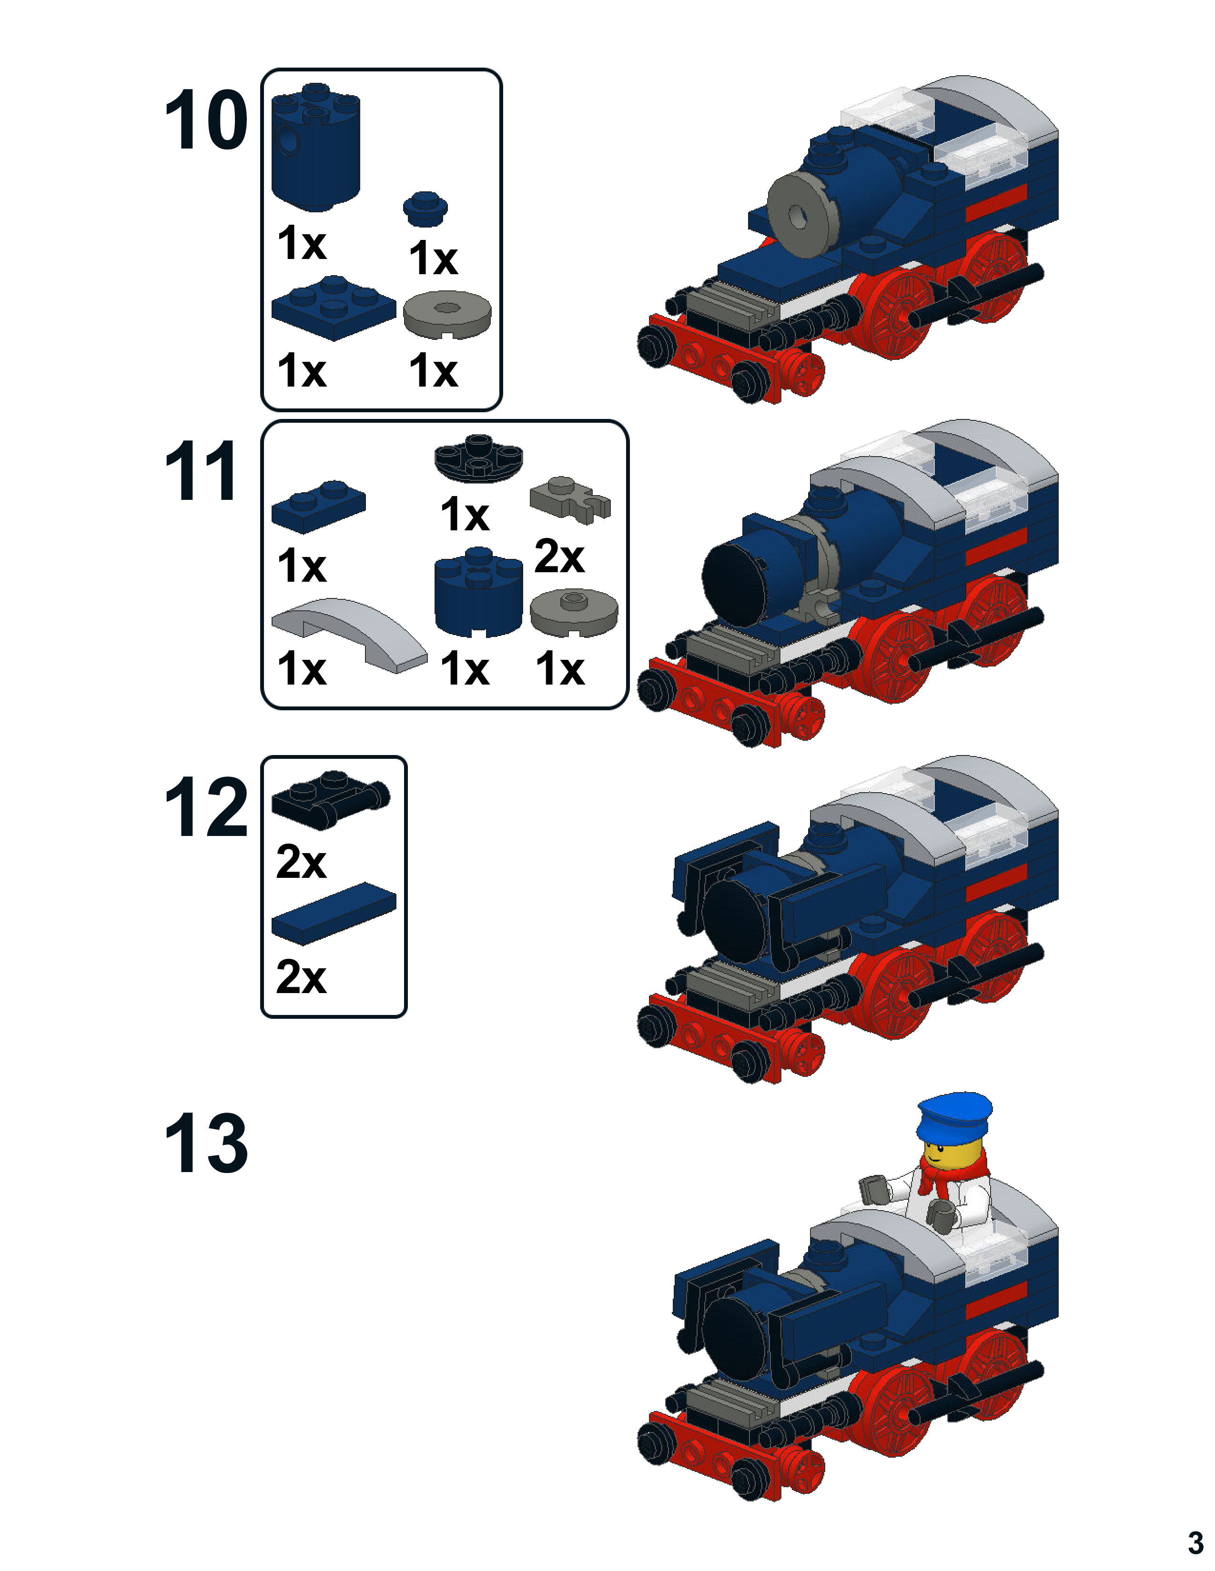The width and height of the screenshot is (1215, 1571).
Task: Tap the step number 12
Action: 206,808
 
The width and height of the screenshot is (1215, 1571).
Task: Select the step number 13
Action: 206,1143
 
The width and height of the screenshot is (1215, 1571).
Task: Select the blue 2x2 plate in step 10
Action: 333,308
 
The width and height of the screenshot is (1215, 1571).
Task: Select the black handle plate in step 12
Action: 330,799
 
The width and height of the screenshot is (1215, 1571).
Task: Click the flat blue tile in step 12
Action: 333,914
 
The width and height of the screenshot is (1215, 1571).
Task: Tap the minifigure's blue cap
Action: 954,1116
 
